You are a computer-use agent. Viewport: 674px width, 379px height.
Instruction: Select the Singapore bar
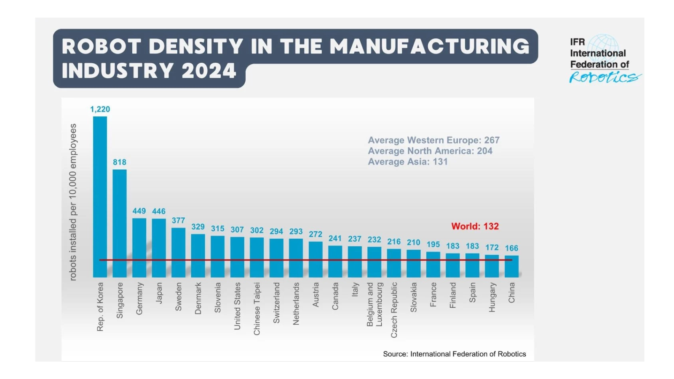click(x=120, y=223)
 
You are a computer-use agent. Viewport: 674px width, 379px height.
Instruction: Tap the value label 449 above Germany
click(x=139, y=211)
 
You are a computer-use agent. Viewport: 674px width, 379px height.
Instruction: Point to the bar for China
click(x=511, y=266)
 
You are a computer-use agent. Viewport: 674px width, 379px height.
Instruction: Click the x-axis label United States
click(x=237, y=306)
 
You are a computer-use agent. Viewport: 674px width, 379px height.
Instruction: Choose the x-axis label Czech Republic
click(x=394, y=310)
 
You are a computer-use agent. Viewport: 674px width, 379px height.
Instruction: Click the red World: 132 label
click(x=475, y=227)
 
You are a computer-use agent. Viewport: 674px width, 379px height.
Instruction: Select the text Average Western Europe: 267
click(x=433, y=140)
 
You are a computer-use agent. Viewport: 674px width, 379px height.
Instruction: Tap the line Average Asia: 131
click(x=407, y=162)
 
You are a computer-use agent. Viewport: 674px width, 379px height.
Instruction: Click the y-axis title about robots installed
click(x=73, y=202)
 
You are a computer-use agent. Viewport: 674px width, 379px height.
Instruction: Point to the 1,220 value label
click(x=100, y=109)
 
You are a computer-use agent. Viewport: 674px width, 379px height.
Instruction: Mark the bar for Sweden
click(x=178, y=252)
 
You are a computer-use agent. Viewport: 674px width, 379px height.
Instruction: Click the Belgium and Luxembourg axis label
click(x=374, y=304)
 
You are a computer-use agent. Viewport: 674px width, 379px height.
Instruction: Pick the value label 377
click(x=178, y=221)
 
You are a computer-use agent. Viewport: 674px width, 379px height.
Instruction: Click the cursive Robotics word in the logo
click(x=604, y=77)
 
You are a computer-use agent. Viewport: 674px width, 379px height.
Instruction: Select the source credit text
click(x=454, y=354)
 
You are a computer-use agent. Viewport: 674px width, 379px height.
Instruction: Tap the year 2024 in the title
click(x=209, y=71)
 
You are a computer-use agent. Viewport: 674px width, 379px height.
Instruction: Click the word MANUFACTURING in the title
click(x=429, y=46)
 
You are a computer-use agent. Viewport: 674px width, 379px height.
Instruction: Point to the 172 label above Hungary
click(x=492, y=248)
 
